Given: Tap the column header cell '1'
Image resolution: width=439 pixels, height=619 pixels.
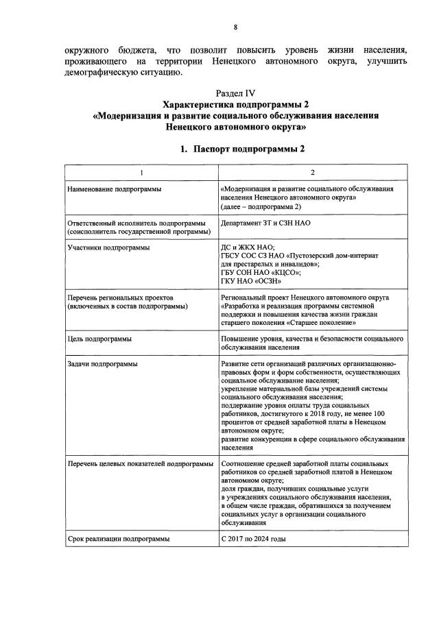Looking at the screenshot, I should pos(141,172).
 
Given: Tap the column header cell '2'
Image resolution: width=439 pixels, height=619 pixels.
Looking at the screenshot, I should pos(313,172).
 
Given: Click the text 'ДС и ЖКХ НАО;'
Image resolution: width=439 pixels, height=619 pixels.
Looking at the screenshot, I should pos(248,246).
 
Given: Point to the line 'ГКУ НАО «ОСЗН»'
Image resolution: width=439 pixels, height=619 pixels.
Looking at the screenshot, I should pos(250,281).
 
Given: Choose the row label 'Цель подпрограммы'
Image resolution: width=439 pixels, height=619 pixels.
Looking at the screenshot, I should pos(99,339).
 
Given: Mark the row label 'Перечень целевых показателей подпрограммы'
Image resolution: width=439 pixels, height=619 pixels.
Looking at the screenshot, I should pos(140,464).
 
